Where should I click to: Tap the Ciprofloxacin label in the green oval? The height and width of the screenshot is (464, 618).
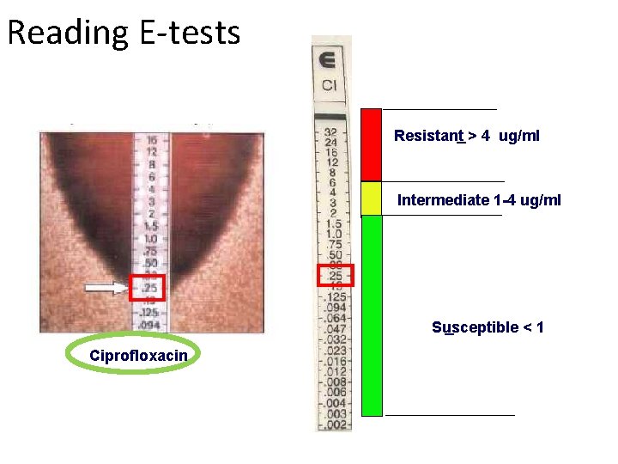[x=137, y=356]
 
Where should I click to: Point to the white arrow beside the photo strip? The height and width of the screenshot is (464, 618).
[x=107, y=290]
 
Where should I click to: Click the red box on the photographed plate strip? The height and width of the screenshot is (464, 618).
[x=146, y=288]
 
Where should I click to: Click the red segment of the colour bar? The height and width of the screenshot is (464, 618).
[x=371, y=144]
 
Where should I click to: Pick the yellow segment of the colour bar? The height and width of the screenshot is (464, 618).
[x=371, y=198]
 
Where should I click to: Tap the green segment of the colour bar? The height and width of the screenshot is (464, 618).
[x=371, y=315]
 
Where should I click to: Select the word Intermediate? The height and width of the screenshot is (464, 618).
[x=444, y=200]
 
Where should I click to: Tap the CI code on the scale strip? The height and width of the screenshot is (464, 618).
[x=330, y=85]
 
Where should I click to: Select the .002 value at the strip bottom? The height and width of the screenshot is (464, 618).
[x=334, y=424]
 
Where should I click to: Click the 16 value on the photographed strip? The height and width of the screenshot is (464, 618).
[x=151, y=139]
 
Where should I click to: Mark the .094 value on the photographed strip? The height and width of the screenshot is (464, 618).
[x=150, y=325]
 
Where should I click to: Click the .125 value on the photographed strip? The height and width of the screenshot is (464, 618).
[x=149, y=313]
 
